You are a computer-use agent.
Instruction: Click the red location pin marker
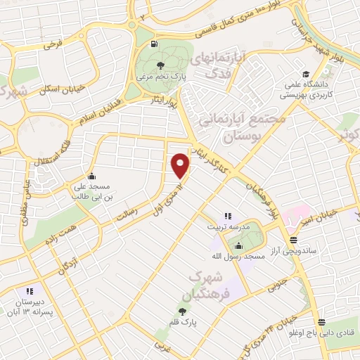point(181,165)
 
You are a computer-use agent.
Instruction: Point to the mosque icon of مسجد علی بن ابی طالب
point(91,176)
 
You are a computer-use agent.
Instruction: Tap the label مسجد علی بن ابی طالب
point(92,192)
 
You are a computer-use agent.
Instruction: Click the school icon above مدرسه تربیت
point(226,216)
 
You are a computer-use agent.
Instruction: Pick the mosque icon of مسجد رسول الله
point(238,246)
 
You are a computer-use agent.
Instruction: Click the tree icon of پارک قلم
point(183,311)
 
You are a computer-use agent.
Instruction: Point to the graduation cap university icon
point(305,75)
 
